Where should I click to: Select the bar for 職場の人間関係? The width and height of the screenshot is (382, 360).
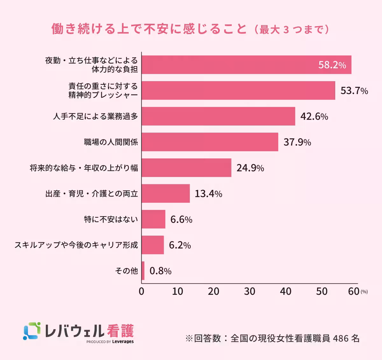coord(210,142)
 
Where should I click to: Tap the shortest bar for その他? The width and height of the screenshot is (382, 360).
coord(143,271)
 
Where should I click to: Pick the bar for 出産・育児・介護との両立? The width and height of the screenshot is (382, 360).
coord(166,193)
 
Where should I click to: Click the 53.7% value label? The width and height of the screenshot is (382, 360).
coord(354,91)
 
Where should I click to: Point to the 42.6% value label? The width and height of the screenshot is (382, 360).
coord(314,116)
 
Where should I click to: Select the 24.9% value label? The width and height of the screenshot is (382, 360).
coord(250,168)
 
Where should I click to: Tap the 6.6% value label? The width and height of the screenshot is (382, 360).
coord(181,219)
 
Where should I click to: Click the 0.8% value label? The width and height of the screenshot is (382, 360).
coord(160,271)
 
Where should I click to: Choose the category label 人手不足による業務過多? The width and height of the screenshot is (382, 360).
coord(95,116)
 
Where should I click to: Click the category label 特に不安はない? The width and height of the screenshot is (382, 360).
coord(111,219)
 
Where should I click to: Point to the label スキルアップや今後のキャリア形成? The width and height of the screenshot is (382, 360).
coord(76,245)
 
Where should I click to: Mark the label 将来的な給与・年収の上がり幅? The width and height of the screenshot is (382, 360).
coord(84,168)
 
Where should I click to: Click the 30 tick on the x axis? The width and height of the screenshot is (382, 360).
coord(250,291)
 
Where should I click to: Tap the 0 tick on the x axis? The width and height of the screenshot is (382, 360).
coord(142,291)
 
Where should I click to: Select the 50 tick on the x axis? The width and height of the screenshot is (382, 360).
coord(322,291)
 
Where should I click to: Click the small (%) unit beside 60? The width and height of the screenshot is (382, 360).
coord(364,292)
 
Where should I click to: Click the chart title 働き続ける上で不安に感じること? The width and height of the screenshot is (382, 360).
coord(149,29)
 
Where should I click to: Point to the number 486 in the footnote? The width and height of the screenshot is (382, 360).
coord(340,338)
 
